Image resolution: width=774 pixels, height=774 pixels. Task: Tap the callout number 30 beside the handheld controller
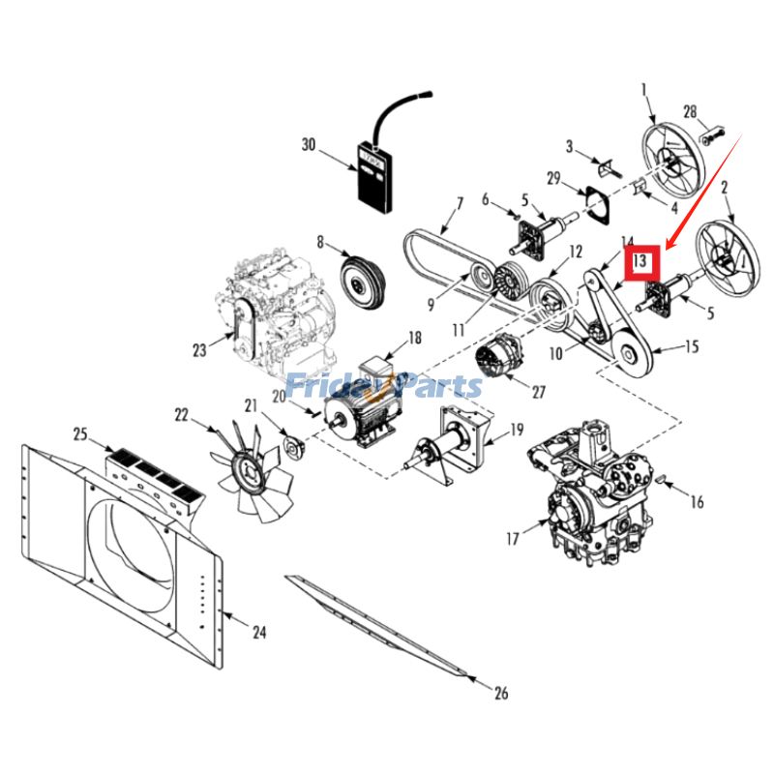309,145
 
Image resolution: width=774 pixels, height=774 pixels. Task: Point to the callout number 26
499,693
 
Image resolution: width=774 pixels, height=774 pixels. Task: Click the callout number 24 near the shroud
259,634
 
